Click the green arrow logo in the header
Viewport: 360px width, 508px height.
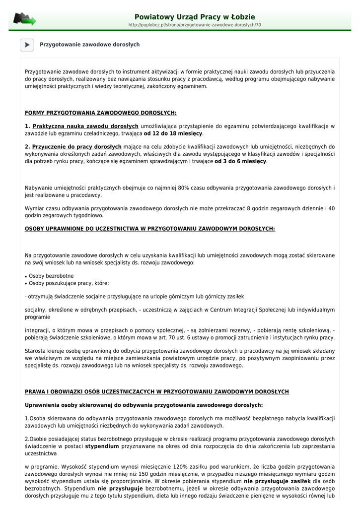pyautogui.click(x=24, y=20)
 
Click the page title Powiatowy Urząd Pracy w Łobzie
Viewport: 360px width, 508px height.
pyautogui.click(x=195, y=17)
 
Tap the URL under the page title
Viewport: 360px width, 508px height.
pyautogui.click(x=195, y=25)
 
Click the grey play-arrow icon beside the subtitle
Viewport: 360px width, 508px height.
pyautogui.click(x=27, y=45)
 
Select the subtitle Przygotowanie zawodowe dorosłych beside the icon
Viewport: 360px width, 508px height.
pyautogui.click(x=89, y=45)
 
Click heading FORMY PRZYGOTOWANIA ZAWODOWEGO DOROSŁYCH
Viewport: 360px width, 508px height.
pyautogui.click(x=100, y=113)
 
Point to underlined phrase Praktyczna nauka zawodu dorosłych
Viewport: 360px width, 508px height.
pyautogui.click(x=85, y=127)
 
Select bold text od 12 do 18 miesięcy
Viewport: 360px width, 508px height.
pyautogui.click(x=173, y=133)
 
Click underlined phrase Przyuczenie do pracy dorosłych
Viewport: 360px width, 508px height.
pyautogui.click(x=77, y=147)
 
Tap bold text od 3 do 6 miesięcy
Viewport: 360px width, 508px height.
pyautogui.click(x=240, y=161)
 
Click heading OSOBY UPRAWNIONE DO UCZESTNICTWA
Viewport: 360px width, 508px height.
pyautogui.click(x=149, y=229)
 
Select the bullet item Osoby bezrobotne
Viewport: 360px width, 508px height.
pyautogui.click(x=51, y=276)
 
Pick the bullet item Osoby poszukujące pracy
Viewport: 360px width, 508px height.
pyautogui.click(x=69, y=283)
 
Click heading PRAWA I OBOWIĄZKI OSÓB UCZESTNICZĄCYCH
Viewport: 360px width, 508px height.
pyautogui.click(x=156, y=392)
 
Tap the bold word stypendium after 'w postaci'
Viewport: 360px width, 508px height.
pyautogui.click(x=102, y=446)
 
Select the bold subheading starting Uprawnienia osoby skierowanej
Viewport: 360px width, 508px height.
pyautogui.click(x=144, y=405)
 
